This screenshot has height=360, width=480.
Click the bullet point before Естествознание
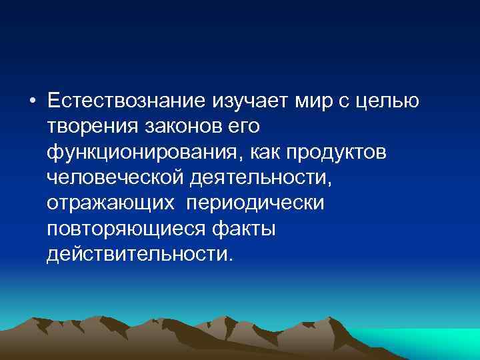tap(32, 102)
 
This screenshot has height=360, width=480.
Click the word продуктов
tap(349, 153)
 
